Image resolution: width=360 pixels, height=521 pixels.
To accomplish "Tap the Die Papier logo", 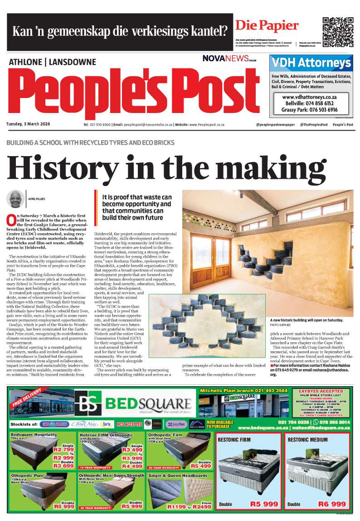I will coord(267,25).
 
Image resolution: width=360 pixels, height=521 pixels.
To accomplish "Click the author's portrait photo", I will coord(15,199).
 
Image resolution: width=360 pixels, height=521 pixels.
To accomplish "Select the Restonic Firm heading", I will coord(234,440).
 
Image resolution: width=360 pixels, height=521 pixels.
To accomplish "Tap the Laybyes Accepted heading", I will coord(321,391).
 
